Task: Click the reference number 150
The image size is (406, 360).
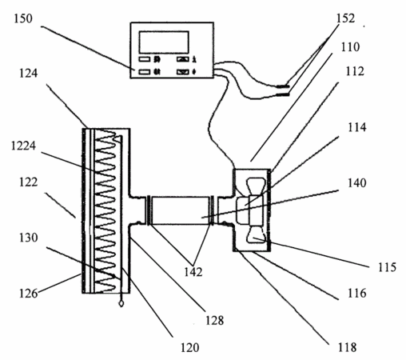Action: click(23, 18)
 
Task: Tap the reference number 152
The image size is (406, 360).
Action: click(345, 18)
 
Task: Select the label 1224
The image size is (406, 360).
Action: click(23, 146)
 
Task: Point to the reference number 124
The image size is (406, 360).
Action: click(29, 74)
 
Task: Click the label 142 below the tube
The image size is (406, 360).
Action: click(193, 272)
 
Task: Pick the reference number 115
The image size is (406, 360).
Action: click(387, 267)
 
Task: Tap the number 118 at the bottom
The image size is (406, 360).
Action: click(347, 348)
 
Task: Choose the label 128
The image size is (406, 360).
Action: click(215, 321)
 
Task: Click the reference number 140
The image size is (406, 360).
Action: click(357, 183)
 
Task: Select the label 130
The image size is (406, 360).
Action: click(29, 238)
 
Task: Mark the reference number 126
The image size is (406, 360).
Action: click(29, 294)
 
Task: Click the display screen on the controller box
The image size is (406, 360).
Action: click(164, 42)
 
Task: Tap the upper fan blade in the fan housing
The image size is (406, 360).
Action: click(256, 186)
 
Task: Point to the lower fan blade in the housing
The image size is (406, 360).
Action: click(256, 234)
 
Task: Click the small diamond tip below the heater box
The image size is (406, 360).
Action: click(121, 303)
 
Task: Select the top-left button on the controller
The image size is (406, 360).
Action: click(145, 59)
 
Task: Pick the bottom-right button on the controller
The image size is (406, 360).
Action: click(183, 72)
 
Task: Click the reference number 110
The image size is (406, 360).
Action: click(351, 47)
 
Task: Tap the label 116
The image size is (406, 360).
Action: click(357, 294)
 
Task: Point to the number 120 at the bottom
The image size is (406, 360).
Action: click(190, 348)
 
